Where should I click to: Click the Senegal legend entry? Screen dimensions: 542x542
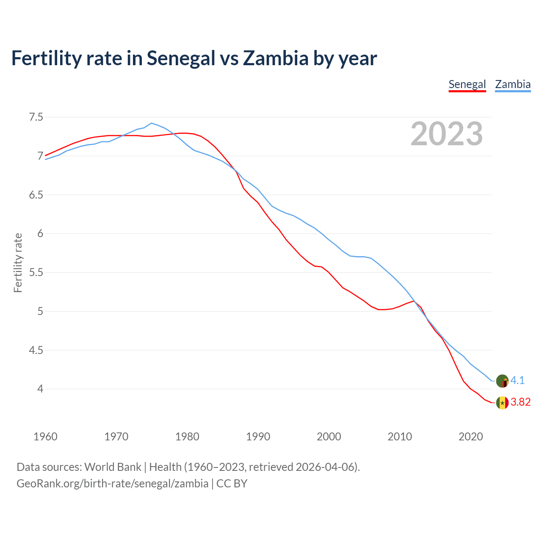pyautogui.click(x=467, y=84)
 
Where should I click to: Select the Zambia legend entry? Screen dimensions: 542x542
pyautogui.click(x=513, y=84)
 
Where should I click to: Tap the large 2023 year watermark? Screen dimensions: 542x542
pyautogui.click(x=446, y=134)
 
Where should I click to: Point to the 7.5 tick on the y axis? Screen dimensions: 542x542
pyautogui.click(x=36, y=117)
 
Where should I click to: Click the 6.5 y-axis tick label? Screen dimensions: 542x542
pyautogui.click(x=36, y=195)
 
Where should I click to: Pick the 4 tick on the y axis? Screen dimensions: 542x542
pyautogui.click(x=40, y=389)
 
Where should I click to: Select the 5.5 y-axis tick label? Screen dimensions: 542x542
pyautogui.click(x=36, y=272)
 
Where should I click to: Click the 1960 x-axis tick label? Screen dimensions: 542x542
pyautogui.click(x=45, y=437)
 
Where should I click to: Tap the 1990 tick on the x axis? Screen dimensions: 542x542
pyautogui.click(x=258, y=437)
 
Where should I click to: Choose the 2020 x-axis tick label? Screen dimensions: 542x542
pyautogui.click(x=470, y=437)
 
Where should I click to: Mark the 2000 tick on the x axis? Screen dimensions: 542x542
pyautogui.click(x=329, y=437)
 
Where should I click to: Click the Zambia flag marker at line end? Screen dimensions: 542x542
pyautogui.click(x=502, y=381)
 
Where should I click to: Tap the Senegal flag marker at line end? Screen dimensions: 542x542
pyautogui.click(x=502, y=403)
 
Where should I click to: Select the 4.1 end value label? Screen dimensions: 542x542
pyautogui.click(x=517, y=381)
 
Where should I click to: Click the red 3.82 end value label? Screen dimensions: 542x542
pyautogui.click(x=520, y=402)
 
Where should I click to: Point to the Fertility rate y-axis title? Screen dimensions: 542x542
pyautogui.click(x=18, y=263)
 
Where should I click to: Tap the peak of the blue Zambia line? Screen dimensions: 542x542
pyautogui.click(x=152, y=123)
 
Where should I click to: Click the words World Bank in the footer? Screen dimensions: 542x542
pyautogui.click(x=113, y=467)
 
